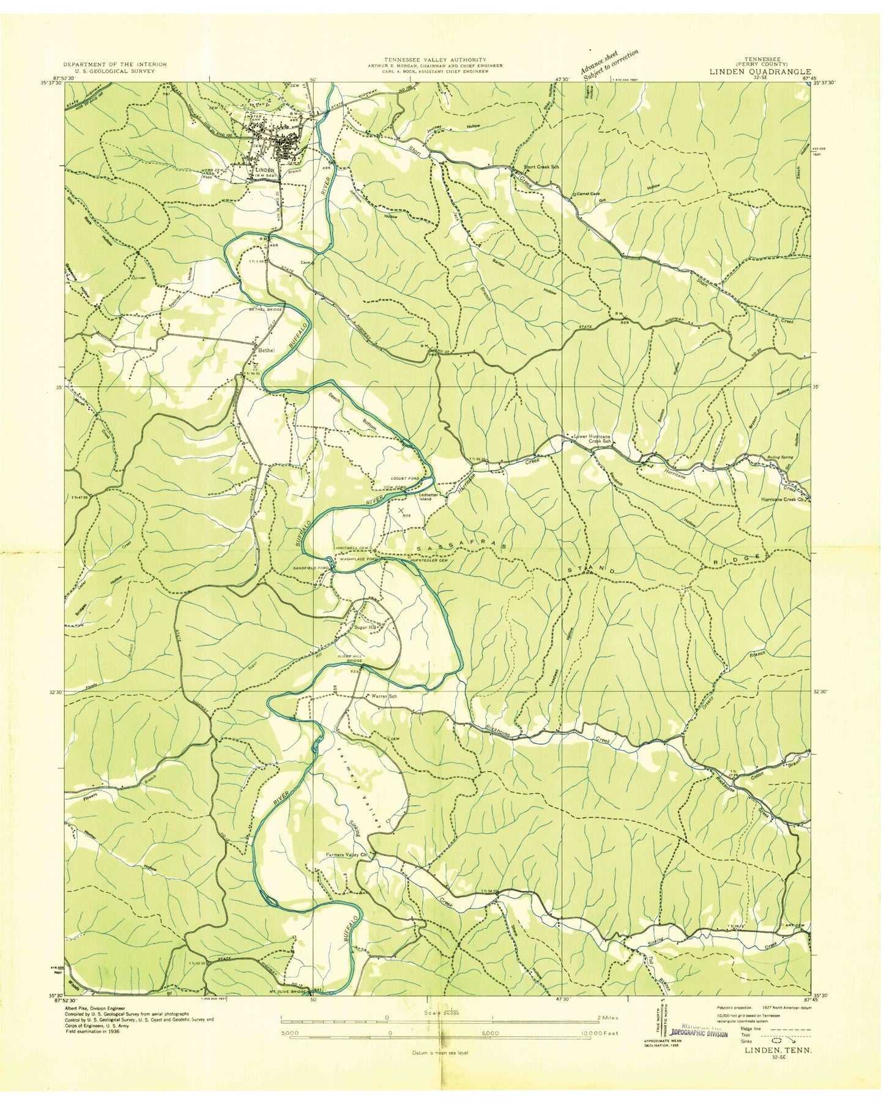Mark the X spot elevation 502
click(401, 509)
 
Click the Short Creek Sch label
click(541, 166)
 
